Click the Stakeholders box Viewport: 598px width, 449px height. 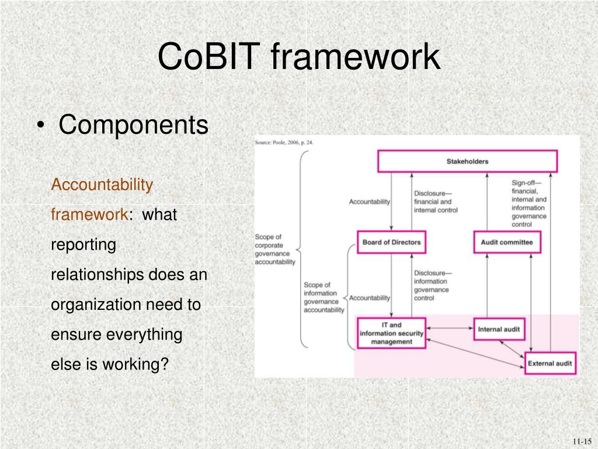[467, 161]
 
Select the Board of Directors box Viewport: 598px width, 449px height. [391, 242]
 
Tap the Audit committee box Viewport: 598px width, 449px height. [506, 242]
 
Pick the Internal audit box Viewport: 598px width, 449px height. [498, 329]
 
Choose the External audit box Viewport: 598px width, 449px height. [550, 363]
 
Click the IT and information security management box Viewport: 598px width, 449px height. [391, 333]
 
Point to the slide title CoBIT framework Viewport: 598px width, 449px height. [298, 57]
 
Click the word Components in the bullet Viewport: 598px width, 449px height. [133, 125]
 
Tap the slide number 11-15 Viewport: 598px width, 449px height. [582, 441]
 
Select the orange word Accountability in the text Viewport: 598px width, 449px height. [102, 185]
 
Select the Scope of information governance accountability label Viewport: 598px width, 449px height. [324, 298]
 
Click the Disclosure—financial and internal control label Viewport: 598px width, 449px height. [436, 202]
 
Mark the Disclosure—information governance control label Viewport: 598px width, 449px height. [432, 285]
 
